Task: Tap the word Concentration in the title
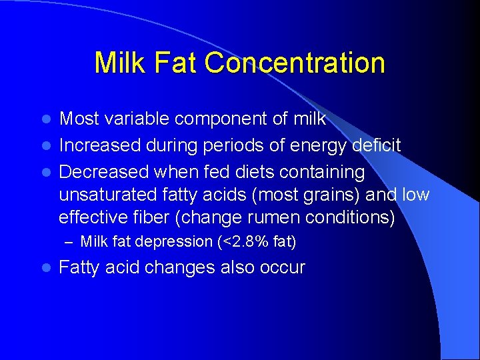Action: click(x=295, y=63)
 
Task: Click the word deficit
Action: click(x=377, y=145)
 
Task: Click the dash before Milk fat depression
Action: click(x=71, y=242)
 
